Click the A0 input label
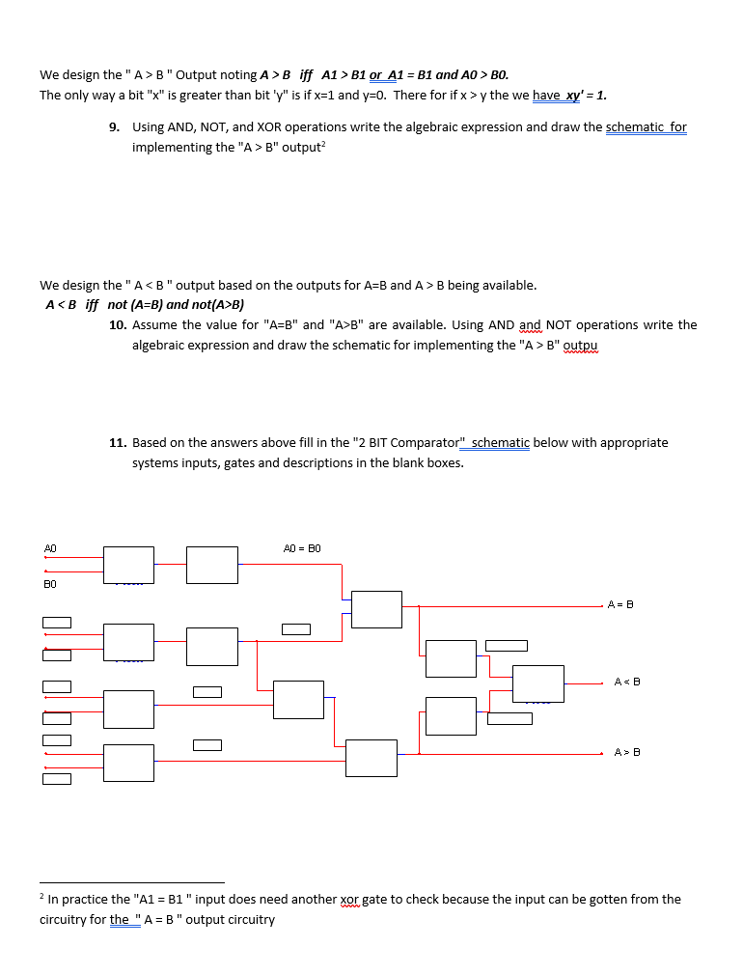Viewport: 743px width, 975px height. pos(50,548)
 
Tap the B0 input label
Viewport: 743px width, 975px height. pos(50,584)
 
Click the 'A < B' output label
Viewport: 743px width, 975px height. pos(627,682)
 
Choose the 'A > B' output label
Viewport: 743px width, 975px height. pos(627,752)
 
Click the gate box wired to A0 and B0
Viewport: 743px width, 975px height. pos(128,565)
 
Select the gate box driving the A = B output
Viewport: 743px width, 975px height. pos(376,609)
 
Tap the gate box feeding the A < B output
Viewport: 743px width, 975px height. pos(537,683)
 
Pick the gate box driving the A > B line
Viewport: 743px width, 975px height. pos(371,758)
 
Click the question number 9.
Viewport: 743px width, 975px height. pos(114,127)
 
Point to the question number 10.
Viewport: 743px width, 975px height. pos(117,325)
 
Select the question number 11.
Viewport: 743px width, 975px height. pos(117,443)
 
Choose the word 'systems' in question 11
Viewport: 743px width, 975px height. pos(154,463)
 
